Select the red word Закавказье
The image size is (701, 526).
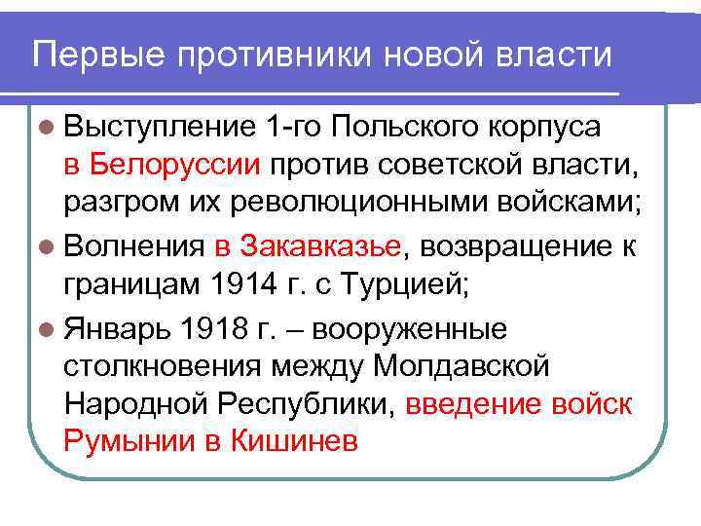[x=319, y=246]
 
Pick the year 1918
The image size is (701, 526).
[x=212, y=328]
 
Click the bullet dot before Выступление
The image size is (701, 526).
[x=51, y=127]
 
